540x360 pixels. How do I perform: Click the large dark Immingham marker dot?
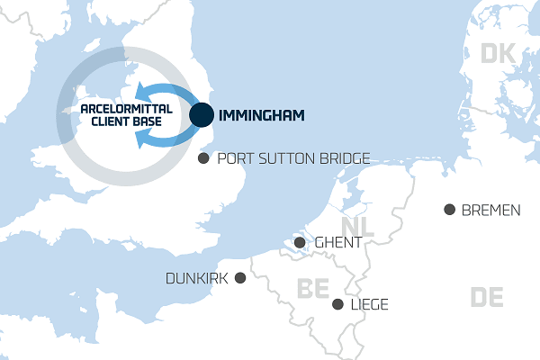pos(202,115)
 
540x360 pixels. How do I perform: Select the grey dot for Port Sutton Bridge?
pos(203,158)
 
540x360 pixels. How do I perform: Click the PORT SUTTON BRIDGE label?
pos(293,159)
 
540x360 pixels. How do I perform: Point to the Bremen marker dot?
pos(449,210)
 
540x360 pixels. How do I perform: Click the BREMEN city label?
pos(490,211)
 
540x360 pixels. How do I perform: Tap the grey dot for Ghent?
pos(300,242)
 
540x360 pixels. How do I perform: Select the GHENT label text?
pos(338,242)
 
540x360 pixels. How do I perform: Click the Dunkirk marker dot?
pos(240,278)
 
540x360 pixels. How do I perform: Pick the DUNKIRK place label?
pos(197,279)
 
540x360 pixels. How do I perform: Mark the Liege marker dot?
pos(337,304)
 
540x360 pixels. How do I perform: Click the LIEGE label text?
pos(369,305)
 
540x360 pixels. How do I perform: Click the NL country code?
pos(359,226)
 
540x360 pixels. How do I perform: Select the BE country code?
pos(314,288)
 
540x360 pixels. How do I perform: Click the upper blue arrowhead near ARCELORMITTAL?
pos(141,93)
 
